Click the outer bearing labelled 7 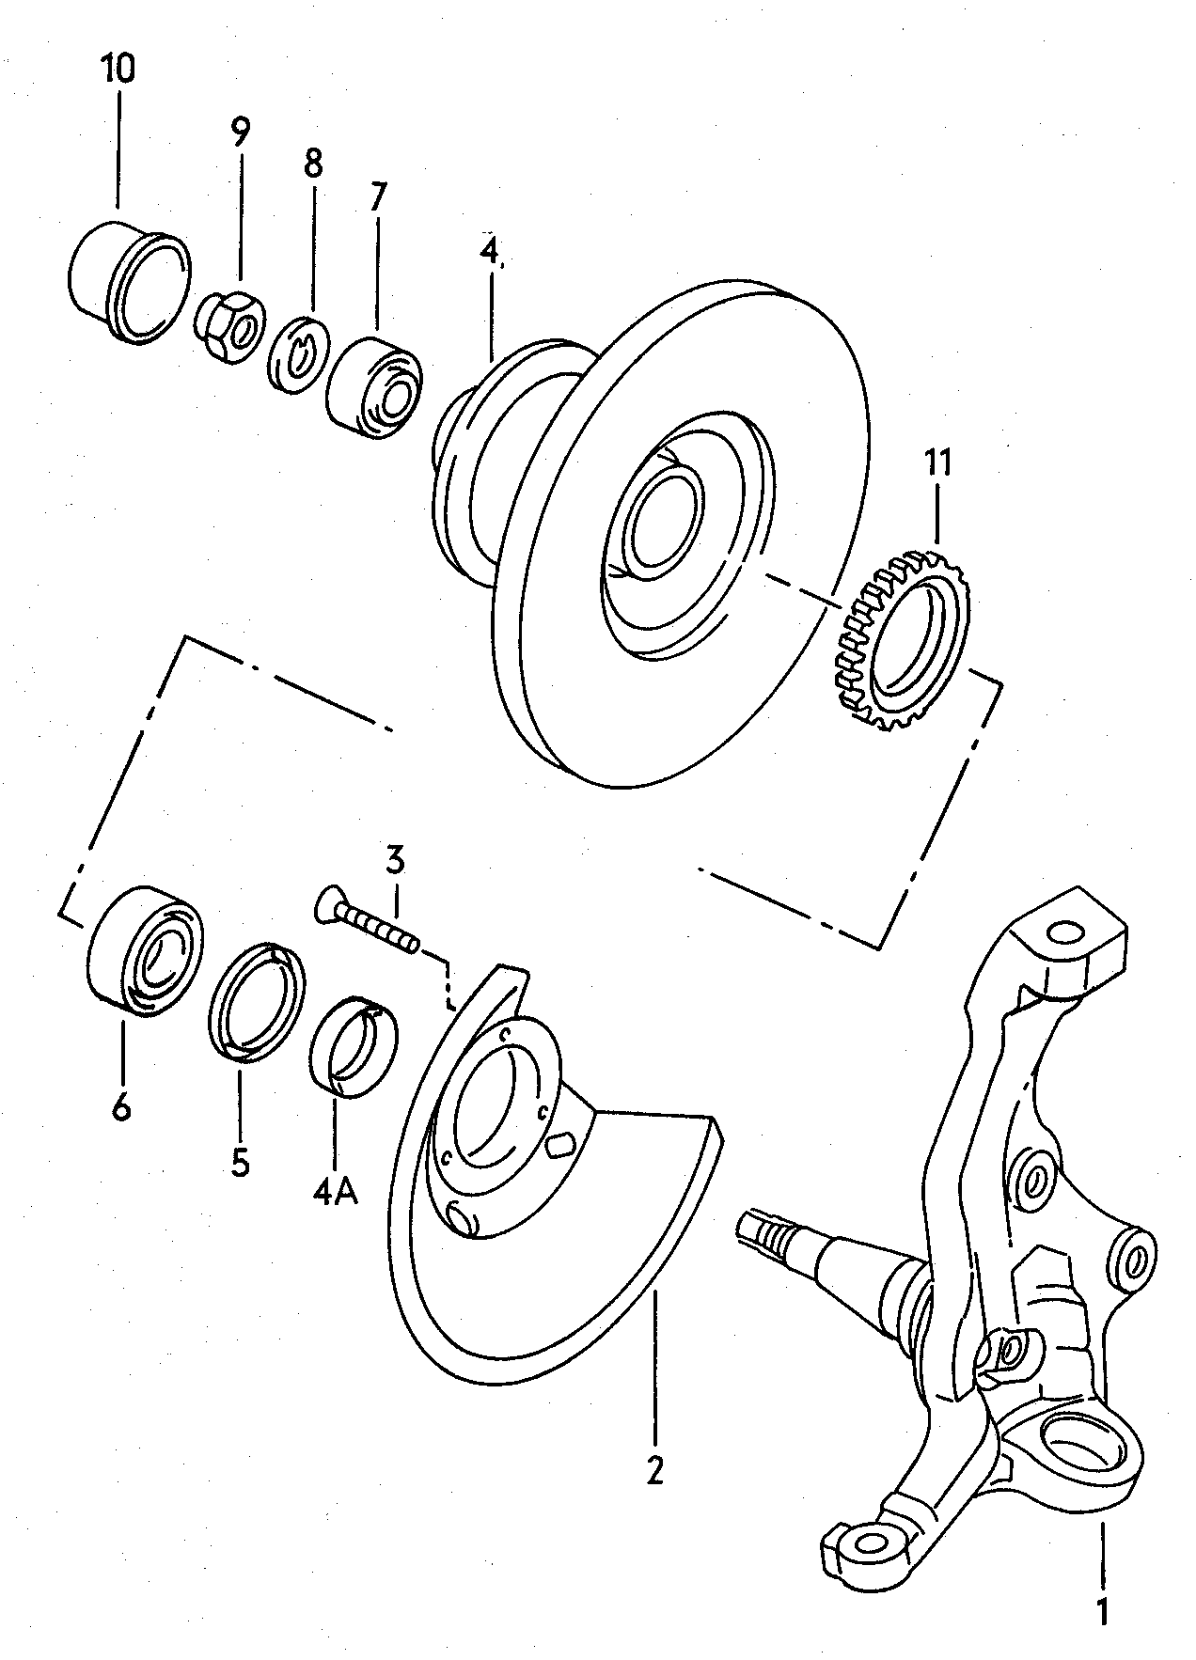tap(374, 389)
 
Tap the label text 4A tap(336, 1192)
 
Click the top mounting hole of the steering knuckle tap(1065, 932)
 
